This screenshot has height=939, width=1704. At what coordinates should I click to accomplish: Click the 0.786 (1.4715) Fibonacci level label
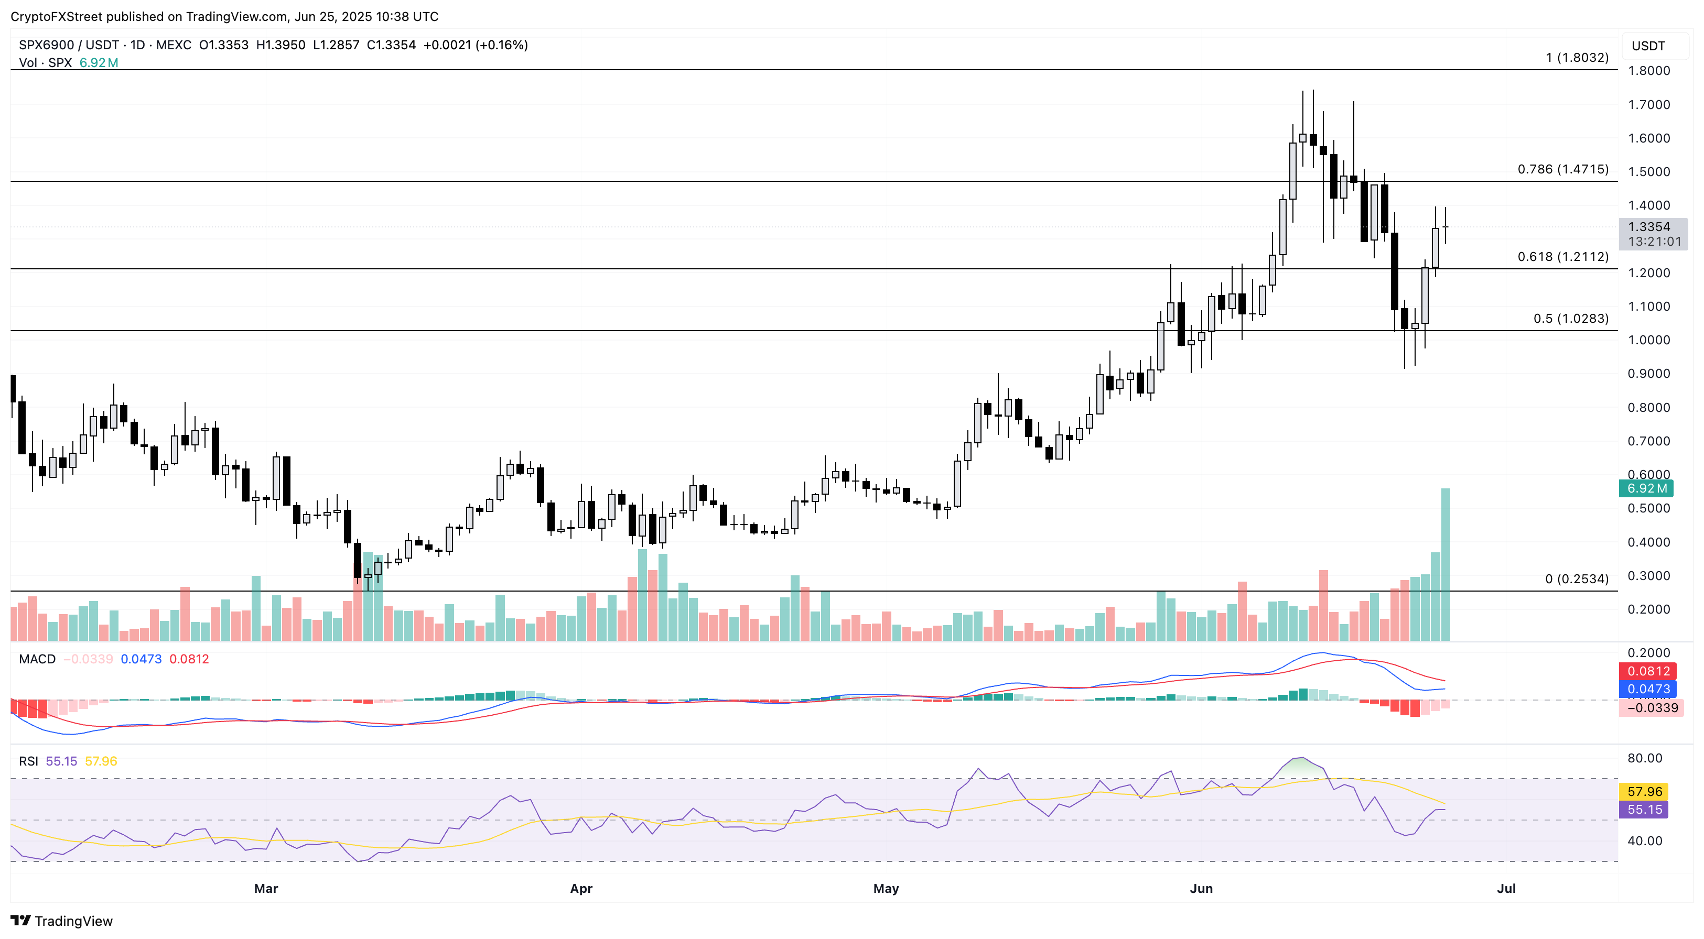pos(1562,169)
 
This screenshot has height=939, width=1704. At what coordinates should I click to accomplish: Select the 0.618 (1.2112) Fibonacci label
pos(1562,257)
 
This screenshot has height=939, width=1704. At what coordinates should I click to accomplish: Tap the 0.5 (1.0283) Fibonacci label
pos(1570,319)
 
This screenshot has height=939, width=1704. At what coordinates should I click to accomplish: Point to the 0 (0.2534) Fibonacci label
pos(1577,579)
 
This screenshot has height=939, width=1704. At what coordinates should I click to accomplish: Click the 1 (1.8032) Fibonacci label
pos(1577,58)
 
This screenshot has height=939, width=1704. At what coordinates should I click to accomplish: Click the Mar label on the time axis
pos(266,888)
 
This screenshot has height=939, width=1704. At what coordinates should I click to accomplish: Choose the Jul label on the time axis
pos(1506,888)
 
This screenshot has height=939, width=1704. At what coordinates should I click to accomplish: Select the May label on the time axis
pos(886,888)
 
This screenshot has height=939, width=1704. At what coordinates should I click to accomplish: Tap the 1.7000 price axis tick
pos(1648,104)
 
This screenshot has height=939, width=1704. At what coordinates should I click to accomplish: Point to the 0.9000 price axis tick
pos(1648,374)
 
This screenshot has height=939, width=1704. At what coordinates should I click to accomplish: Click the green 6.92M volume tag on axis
pos(1646,489)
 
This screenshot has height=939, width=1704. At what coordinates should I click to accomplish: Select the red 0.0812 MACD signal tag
pos(1648,671)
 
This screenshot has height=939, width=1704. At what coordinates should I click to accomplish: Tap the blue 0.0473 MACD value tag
pos(1648,689)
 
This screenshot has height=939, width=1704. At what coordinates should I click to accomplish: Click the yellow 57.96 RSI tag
pos(1644,792)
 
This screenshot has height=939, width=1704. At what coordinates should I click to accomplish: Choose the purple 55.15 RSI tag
pos(1644,810)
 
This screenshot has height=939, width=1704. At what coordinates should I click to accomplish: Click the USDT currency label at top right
pos(1648,46)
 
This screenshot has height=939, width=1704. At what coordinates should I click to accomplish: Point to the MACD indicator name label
pos(37,659)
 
